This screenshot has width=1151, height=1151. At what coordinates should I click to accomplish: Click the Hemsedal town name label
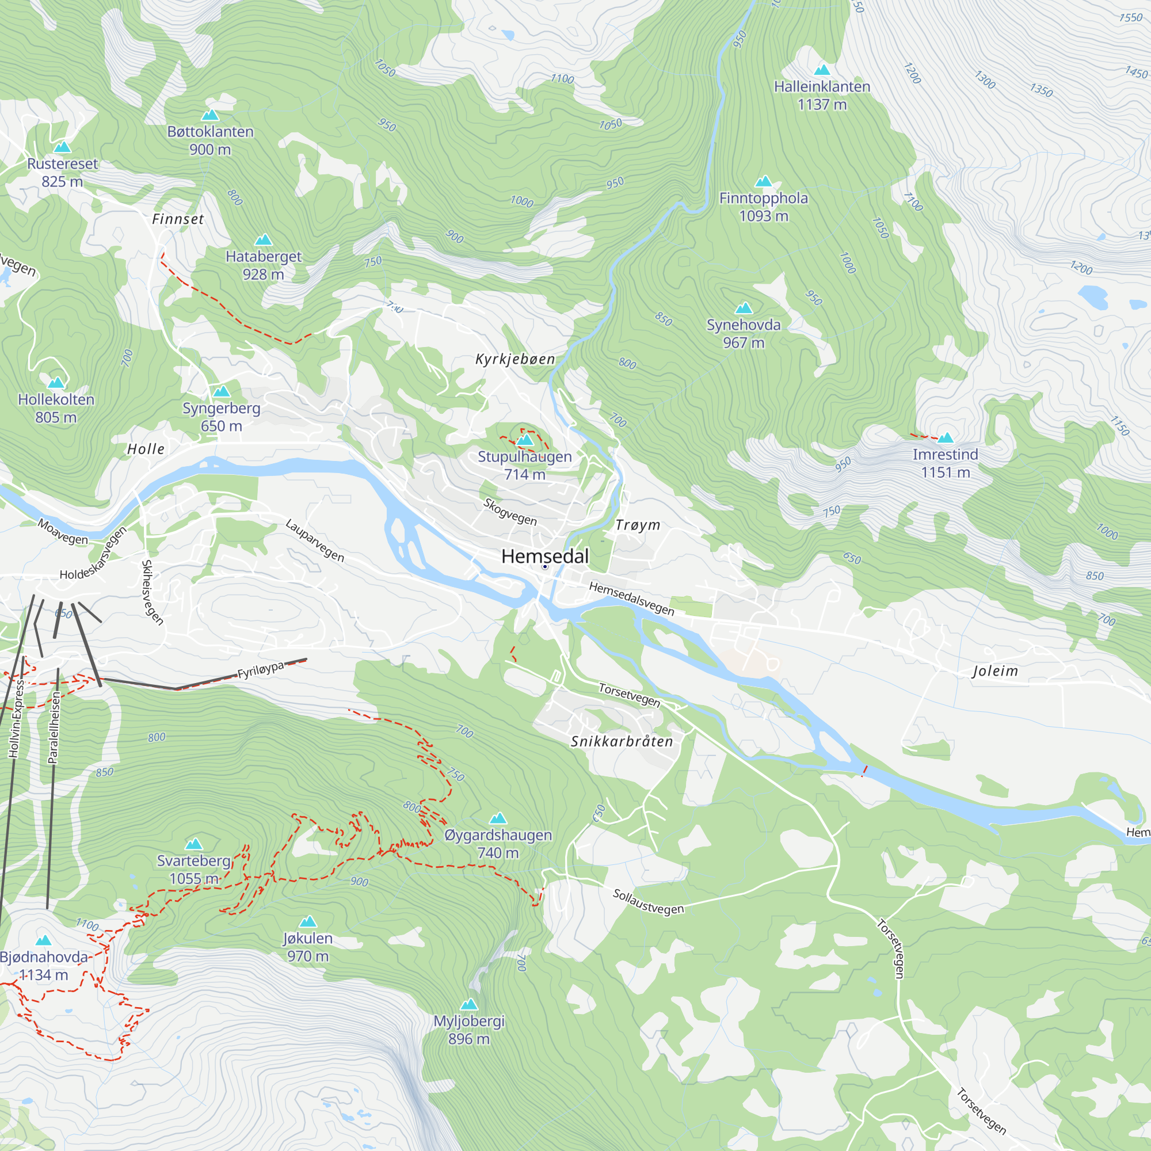[544, 556]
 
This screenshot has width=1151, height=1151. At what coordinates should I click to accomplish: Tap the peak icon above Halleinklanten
[822, 70]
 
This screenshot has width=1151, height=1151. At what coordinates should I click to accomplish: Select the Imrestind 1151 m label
[946, 463]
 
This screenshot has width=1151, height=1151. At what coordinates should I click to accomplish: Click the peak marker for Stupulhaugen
[525, 440]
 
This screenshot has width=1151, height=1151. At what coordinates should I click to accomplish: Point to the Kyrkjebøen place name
[515, 359]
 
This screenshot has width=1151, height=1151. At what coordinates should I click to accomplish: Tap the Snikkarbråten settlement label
[622, 741]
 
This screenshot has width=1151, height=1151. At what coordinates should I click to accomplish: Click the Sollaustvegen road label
[648, 901]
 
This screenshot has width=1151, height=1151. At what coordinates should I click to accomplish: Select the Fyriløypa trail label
[260, 670]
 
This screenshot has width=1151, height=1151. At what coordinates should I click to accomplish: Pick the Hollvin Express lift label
[16, 718]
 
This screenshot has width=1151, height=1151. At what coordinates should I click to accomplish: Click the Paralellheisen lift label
[54, 727]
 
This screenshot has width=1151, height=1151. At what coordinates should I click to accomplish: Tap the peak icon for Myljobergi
[470, 1004]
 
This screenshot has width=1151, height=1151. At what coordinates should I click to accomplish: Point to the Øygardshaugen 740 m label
[498, 844]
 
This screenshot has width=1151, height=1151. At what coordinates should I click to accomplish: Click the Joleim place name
[996, 672]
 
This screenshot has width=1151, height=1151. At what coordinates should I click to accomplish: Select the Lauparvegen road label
[315, 540]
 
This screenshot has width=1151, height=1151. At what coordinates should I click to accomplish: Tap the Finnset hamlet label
[178, 219]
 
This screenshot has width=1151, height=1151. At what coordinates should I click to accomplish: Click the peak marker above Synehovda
[744, 308]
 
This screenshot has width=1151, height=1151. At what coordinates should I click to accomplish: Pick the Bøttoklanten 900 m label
[210, 140]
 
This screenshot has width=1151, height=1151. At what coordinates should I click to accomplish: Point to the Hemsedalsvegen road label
[631, 598]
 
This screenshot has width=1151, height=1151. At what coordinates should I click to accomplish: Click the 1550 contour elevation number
[1130, 17]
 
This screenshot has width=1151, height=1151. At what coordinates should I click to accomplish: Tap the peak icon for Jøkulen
[307, 921]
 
